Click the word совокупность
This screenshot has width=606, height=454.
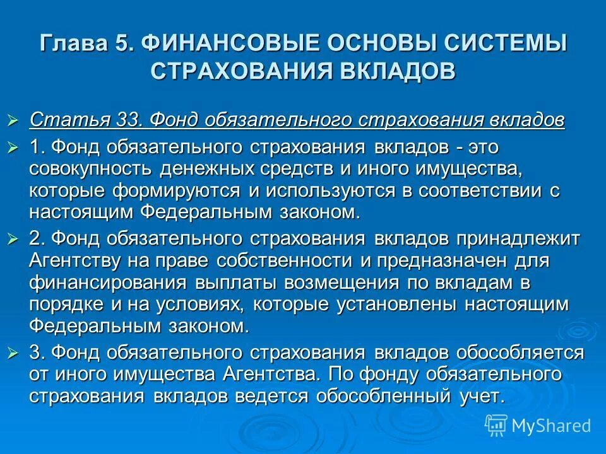click(89, 170)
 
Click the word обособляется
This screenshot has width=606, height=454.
click(513, 352)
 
